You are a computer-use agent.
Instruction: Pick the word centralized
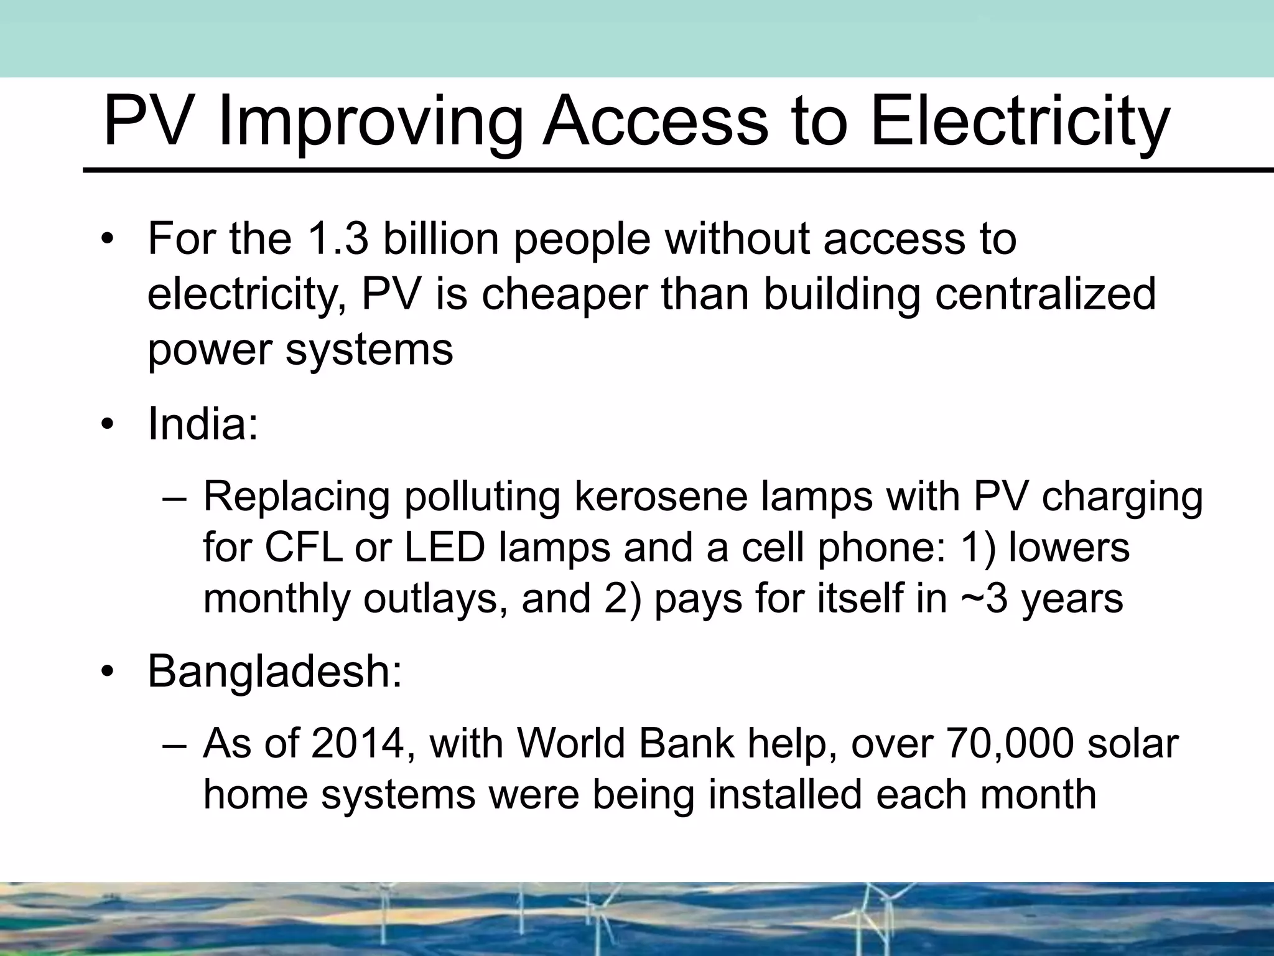(1046, 294)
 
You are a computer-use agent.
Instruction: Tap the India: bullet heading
(203, 424)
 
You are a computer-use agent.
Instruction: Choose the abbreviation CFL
(303, 548)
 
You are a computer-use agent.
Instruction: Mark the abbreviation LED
(445, 548)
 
